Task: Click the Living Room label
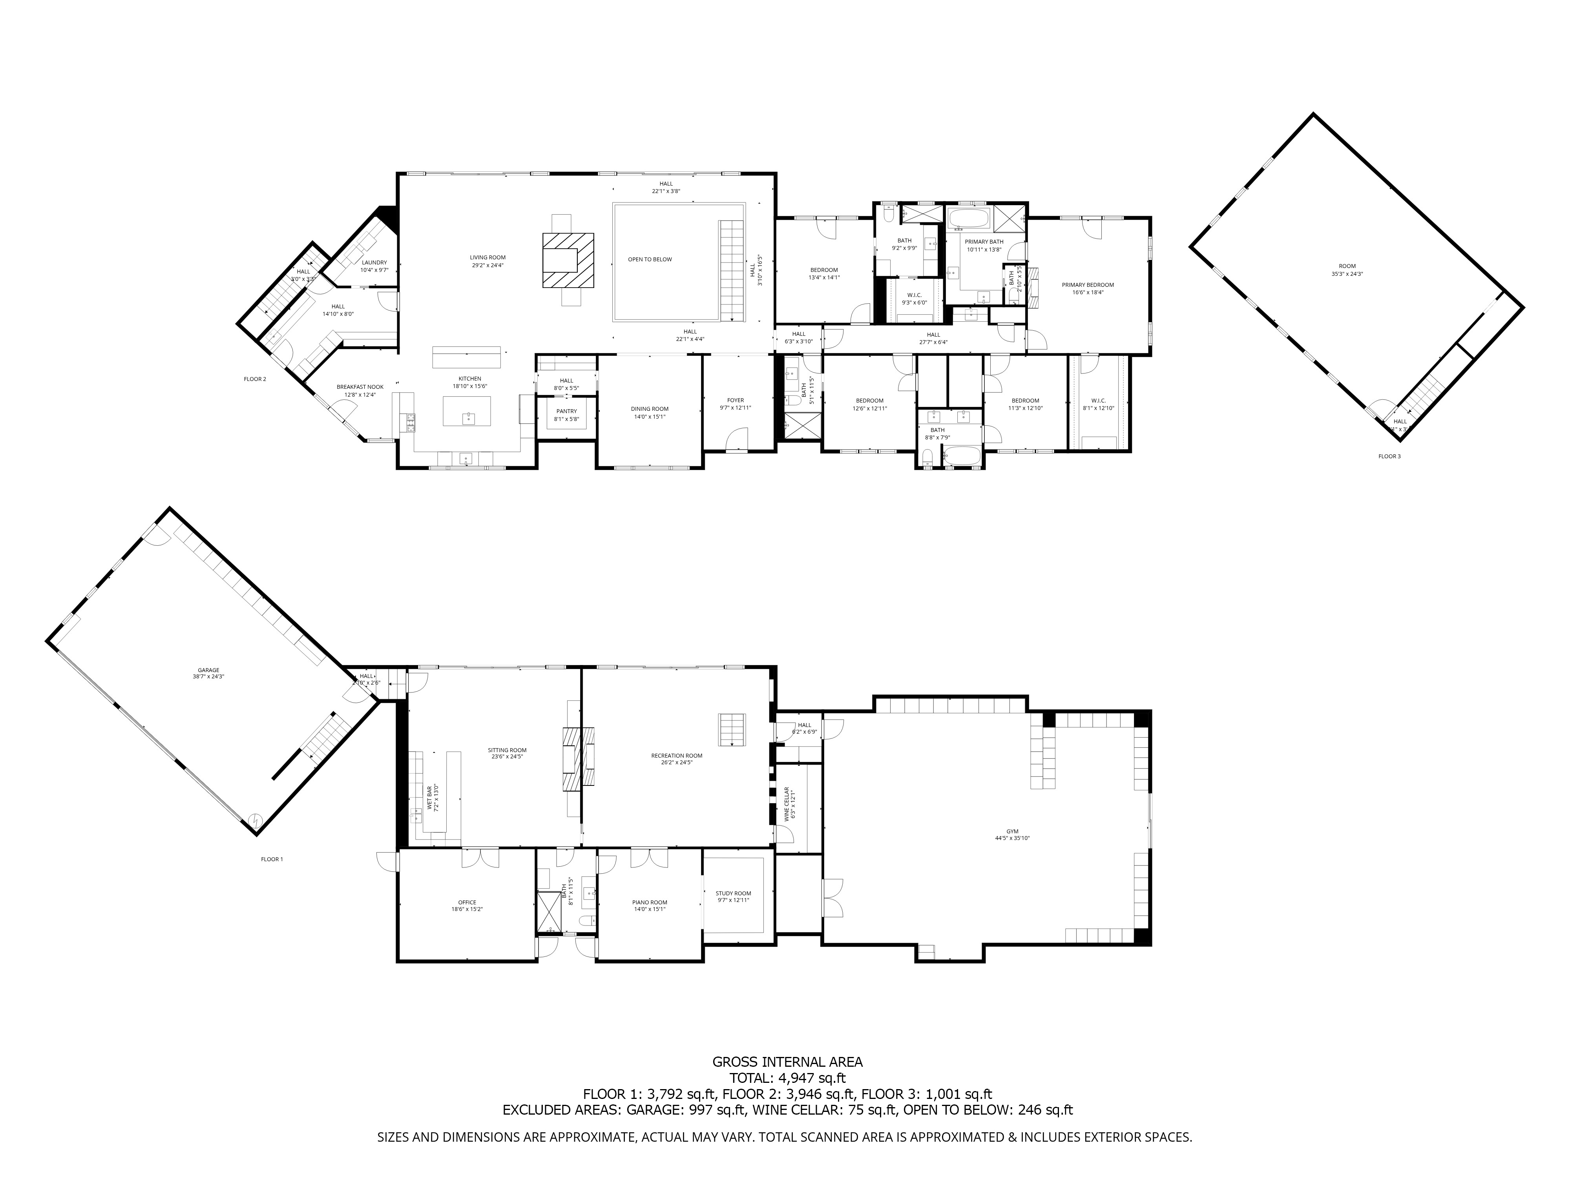(x=487, y=261)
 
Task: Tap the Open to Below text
(x=650, y=260)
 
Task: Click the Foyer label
(x=735, y=404)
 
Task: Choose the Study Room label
(x=733, y=897)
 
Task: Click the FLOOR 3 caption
(x=1389, y=456)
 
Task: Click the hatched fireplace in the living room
(x=568, y=261)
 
